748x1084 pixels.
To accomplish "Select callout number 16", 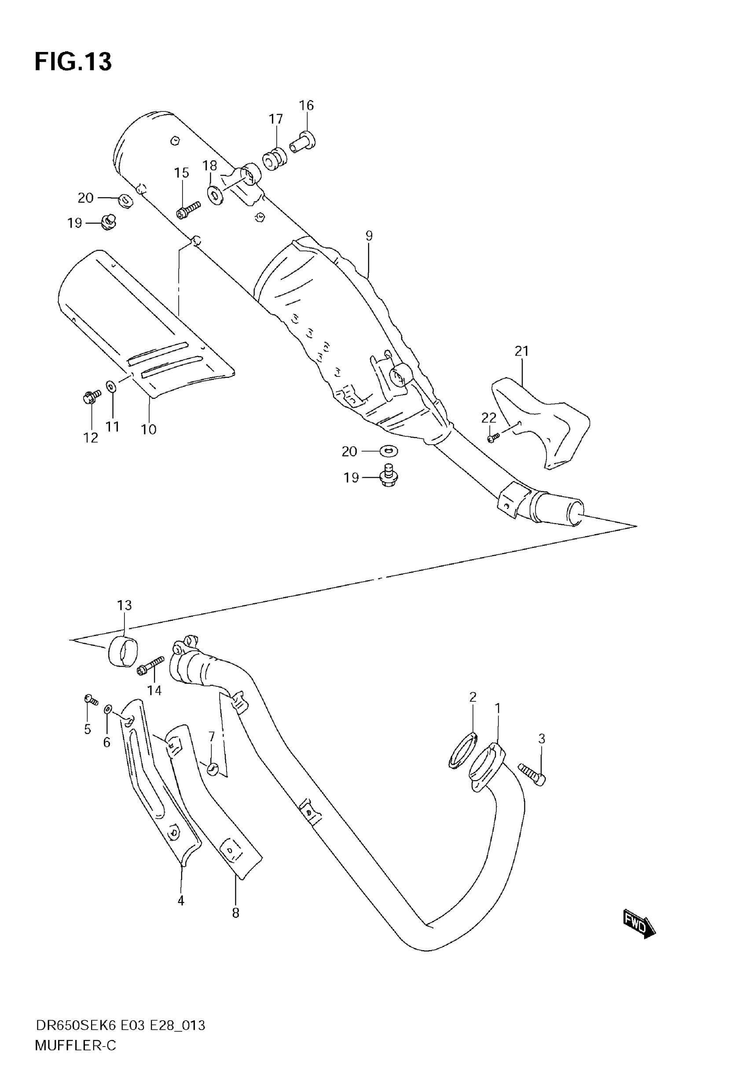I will [x=306, y=106].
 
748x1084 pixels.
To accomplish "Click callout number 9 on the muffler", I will [x=369, y=236].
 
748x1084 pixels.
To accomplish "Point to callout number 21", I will [x=522, y=351].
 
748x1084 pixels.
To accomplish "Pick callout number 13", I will [x=124, y=605].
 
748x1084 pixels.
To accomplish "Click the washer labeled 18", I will [x=215, y=195].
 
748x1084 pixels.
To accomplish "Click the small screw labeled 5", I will [x=91, y=700].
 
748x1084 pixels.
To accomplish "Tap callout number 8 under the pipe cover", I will [x=236, y=913].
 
